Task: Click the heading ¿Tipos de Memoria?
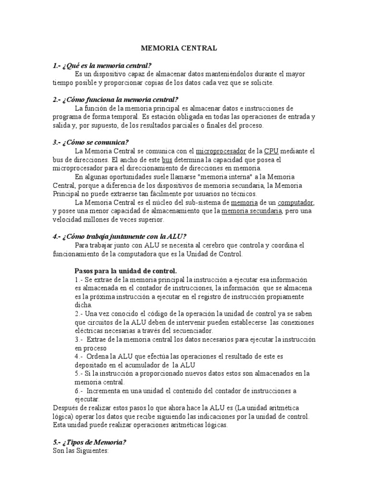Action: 88,442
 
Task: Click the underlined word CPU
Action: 271,151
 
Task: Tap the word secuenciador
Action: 188,331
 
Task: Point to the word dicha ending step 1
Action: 83,305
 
